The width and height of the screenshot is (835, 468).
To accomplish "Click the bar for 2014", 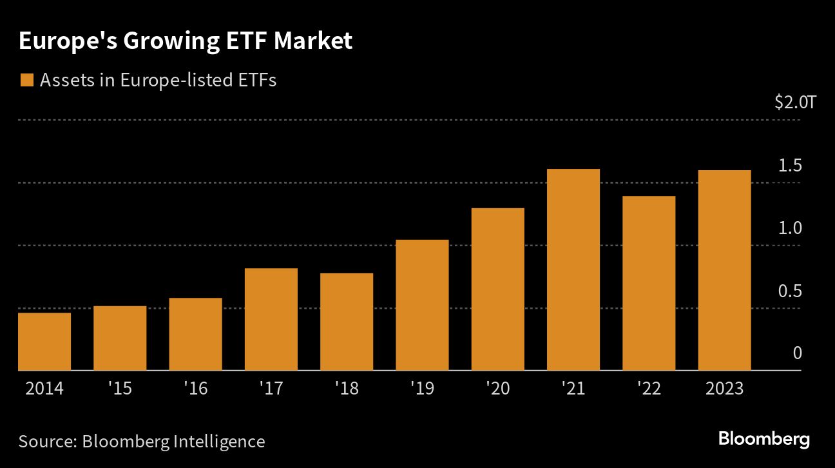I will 44,342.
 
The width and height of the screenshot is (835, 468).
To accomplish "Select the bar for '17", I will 271,319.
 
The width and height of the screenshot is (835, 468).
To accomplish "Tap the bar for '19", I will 422,305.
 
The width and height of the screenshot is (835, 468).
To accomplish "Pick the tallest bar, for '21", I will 573,269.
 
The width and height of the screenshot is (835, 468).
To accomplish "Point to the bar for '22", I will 649,283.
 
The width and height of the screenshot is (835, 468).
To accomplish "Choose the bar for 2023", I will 724,270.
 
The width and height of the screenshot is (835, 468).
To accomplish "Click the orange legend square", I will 26,81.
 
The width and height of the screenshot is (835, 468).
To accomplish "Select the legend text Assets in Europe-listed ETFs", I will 158,81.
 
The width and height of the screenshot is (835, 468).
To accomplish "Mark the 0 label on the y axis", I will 797,353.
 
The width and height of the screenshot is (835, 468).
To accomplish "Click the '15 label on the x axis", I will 120,389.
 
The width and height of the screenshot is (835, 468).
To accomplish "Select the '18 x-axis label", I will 347,389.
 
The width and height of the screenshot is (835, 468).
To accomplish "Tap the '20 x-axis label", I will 498,389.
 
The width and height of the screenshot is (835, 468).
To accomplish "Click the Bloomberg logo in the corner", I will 763,440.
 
